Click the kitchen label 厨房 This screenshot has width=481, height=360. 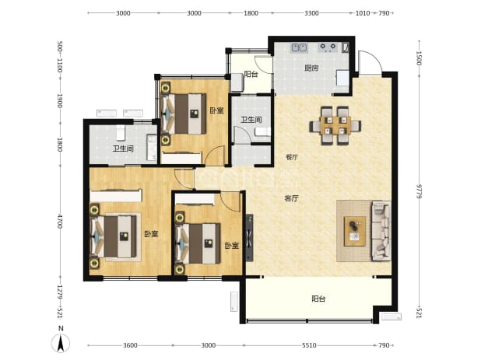pyautogui.click(x=311, y=68)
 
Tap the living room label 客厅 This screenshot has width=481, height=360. pyautogui.click(x=291, y=198)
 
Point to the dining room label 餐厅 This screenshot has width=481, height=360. pyautogui.click(x=292, y=158)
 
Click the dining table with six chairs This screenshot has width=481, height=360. pyautogui.click(x=335, y=126)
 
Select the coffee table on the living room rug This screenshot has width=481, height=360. pyautogui.click(x=355, y=232)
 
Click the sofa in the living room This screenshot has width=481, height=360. pyautogui.click(x=381, y=231)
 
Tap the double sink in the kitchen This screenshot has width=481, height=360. pyautogui.click(x=299, y=47)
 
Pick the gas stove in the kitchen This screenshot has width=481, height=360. pyautogui.click(x=328, y=47)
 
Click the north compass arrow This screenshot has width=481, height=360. pyautogui.click(x=61, y=343)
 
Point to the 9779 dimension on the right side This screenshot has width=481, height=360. pyautogui.click(x=419, y=191)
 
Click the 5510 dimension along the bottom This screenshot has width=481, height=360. pyautogui.click(x=309, y=345)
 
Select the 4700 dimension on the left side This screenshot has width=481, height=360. pyautogui.click(x=59, y=221)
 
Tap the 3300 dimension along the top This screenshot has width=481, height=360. pyautogui.click(x=311, y=13)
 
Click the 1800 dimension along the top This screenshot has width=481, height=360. pyautogui.click(x=251, y=13)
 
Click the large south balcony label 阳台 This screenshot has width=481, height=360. pyautogui.click(x=318, y=299)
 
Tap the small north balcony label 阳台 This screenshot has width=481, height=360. pyautogui.click(x=251, y=74)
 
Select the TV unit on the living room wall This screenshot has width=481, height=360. pyautogui.click(x=250, y=238)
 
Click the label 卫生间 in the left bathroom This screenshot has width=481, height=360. pyautogui.click(x=123, y=149)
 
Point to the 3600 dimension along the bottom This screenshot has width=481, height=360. pyautogui.click(x=130, y=345)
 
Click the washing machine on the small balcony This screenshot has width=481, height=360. pyautogui.click(x=237, y=82)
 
